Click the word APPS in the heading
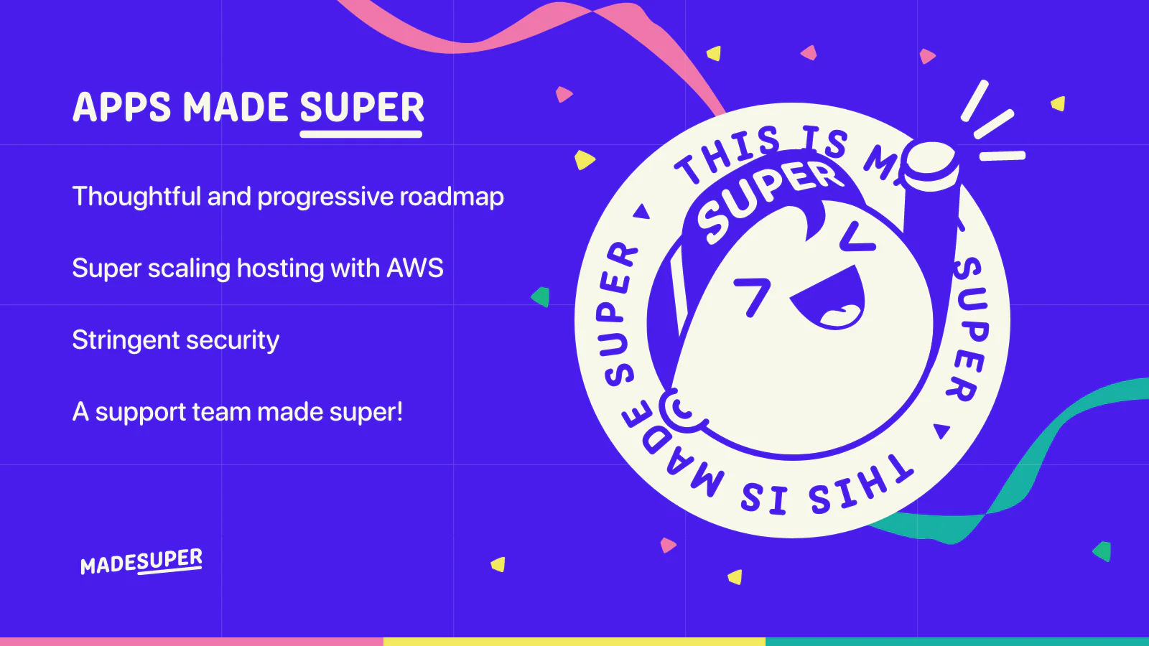click(x=121, y=107)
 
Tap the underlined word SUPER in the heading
click(x=362, y=107)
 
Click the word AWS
click(x=415, y=268)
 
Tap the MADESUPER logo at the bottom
click(x=141, y=561)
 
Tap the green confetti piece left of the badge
click(x=540, y=297)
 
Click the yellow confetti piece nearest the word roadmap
click(x=584, y=159)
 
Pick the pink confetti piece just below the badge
click(x=667, y=545)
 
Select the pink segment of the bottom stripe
click(x=191, y=642)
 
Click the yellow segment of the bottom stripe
click(x=574, y=642)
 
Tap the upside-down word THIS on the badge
click(x=862, y=484)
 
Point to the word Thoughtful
click(x=136, y=197)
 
